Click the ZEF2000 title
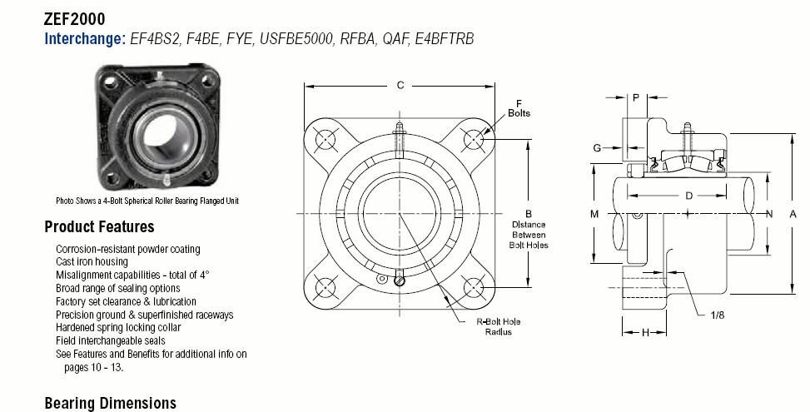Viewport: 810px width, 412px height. coord(74,19)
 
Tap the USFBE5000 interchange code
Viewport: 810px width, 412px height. coord(296,39)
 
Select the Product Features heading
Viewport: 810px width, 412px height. coord(99,226)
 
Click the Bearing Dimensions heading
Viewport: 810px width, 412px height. coord(111,403)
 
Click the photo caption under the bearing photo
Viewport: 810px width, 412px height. coord(147,201)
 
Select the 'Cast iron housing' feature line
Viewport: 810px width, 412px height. coord(92,261)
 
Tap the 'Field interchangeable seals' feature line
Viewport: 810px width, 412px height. coord(111,340)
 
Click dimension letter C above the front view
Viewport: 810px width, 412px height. coord(400,85)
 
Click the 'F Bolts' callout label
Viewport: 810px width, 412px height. coord(519,108)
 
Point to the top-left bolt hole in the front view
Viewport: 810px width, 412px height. coord(325,139)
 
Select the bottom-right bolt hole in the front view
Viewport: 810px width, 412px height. coord(474,288)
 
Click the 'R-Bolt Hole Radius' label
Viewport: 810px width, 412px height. coord(498,327)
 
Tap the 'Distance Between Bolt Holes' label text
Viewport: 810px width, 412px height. coord(529,235)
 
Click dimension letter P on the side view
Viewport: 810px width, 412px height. coord(636,97)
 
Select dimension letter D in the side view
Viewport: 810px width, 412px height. coord(688,196)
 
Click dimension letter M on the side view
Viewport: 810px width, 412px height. coord(594,214)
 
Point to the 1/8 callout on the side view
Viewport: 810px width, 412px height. coord(717,315)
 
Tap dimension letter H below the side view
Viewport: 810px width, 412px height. coord(645,333)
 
